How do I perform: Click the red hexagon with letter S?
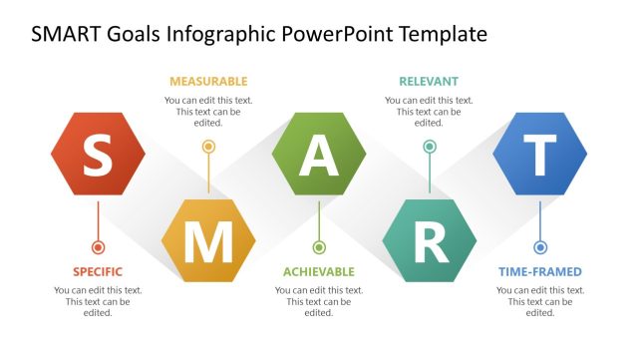[x=98, y=154]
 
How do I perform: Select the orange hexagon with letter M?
[x=208, y=240]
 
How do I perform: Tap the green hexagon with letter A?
[x=319, y=154]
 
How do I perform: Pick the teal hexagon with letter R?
[x=430, y=240]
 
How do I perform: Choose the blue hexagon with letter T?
[x=540, y=154]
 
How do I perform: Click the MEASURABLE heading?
[x=208, y=81]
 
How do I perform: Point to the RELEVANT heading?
[x=430, y=81]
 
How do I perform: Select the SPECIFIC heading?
[x=98, y=271]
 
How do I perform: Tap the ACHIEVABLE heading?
[x=319, y=271]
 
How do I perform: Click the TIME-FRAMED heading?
[x=540, y=271]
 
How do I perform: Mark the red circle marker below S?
[x=98, y=246]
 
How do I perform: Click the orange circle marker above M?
[x=208, y=147]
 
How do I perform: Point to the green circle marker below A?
[x=319, y=246]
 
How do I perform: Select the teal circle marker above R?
[x=430, y=147]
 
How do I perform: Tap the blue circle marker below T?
[x=540, y=246]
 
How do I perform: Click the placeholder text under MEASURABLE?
[x=208, y=112]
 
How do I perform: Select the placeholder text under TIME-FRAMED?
[x=540, y=301]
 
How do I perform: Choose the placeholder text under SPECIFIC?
[x=98, y=301]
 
